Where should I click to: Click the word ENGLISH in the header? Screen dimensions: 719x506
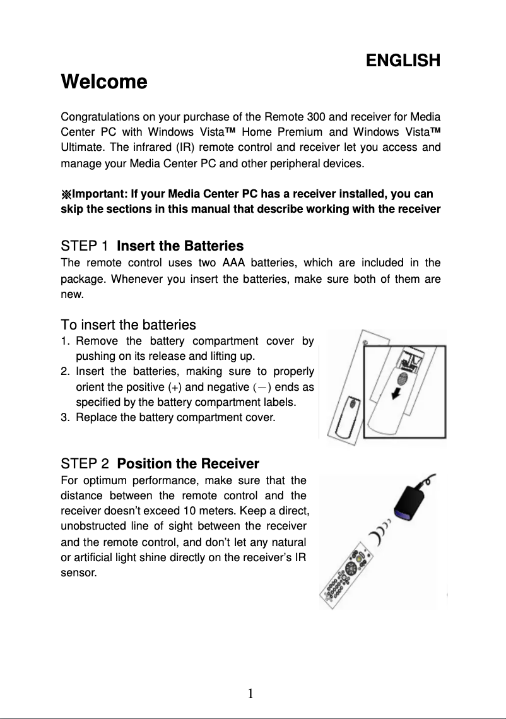[x=403, y=61]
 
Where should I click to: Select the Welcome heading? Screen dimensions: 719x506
[x=103, y=82]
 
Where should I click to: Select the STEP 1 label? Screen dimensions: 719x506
[x=85, y=246]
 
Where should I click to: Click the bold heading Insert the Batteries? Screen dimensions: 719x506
[x=180, y=246]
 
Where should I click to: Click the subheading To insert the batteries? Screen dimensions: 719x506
[x=128, y=325]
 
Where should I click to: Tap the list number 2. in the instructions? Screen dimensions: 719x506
[x=66, y=372]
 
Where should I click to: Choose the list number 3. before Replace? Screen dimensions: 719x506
[x=66, y=417]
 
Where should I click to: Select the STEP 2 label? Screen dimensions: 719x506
[x=85, y=464]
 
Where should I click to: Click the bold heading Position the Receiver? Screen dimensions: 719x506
[x=188, y=464]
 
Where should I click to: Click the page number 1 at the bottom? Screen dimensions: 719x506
[x=250, y=694]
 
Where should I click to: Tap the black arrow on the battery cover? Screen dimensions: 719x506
[x=397, y=393]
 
